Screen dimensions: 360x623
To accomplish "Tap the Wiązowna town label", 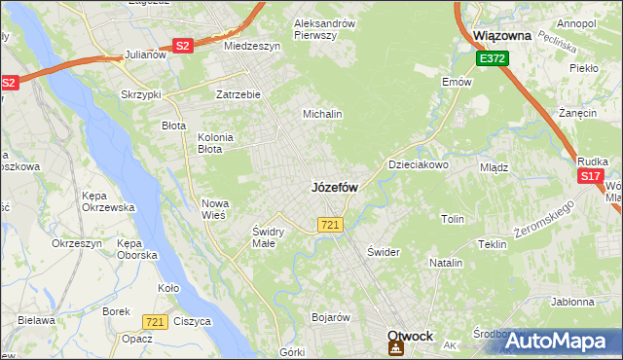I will coord(501,35).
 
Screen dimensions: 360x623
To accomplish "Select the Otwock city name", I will coord(410,336).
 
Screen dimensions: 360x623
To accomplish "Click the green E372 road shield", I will coord(491,59).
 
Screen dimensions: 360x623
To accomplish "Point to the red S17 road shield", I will coord(590,176).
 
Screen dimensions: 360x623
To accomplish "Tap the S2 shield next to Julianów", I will coord(182,45).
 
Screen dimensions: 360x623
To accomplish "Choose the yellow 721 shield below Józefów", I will coord(329,225).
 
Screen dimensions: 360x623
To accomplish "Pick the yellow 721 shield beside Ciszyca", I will coord(153,321).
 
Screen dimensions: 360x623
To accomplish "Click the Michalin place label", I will coord(322,114).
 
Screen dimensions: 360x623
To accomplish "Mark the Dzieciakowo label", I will coord(419,164).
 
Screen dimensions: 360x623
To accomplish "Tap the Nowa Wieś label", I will coord(214,209).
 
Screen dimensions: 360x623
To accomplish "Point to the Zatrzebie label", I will coord(238,94).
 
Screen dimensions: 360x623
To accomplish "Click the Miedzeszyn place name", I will coord(251,46).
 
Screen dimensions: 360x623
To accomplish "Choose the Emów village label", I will coord(457,82).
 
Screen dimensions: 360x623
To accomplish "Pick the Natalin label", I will coord(446,263).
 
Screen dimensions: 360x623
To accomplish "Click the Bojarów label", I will coord(330,317).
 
